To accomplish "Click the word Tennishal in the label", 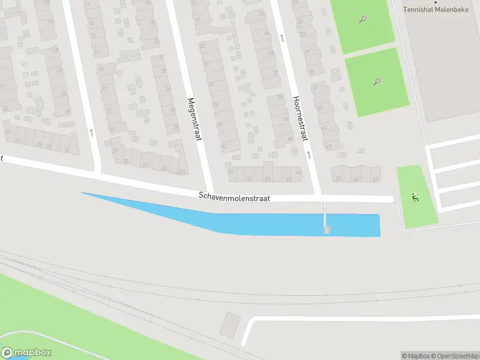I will pyautogui.click(x=418, y=10).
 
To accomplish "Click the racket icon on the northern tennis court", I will pyautogui.click(x=363, y=19).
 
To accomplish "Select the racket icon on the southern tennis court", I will pyautogui.click(x=377, y=82).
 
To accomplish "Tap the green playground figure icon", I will pyautogui.click(x=414, y=196).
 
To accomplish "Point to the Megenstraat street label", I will pyautogui.click(x=193, y=119).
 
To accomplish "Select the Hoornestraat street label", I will pyautogui.click(x=299, y=118).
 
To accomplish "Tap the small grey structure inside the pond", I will pyautogui.click(x=326, y=230).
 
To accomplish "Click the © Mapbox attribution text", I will pyautogui.click(x=414, y=356).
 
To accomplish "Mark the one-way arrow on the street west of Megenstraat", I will pyautogui.click(x=91, y=131).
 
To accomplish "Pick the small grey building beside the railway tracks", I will pyautogui.click(x=229, y=324).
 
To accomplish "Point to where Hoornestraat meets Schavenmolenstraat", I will pyautogui.click(x=317, y=196).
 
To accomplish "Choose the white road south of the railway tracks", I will pyautogui.click(x=360, y=317).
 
